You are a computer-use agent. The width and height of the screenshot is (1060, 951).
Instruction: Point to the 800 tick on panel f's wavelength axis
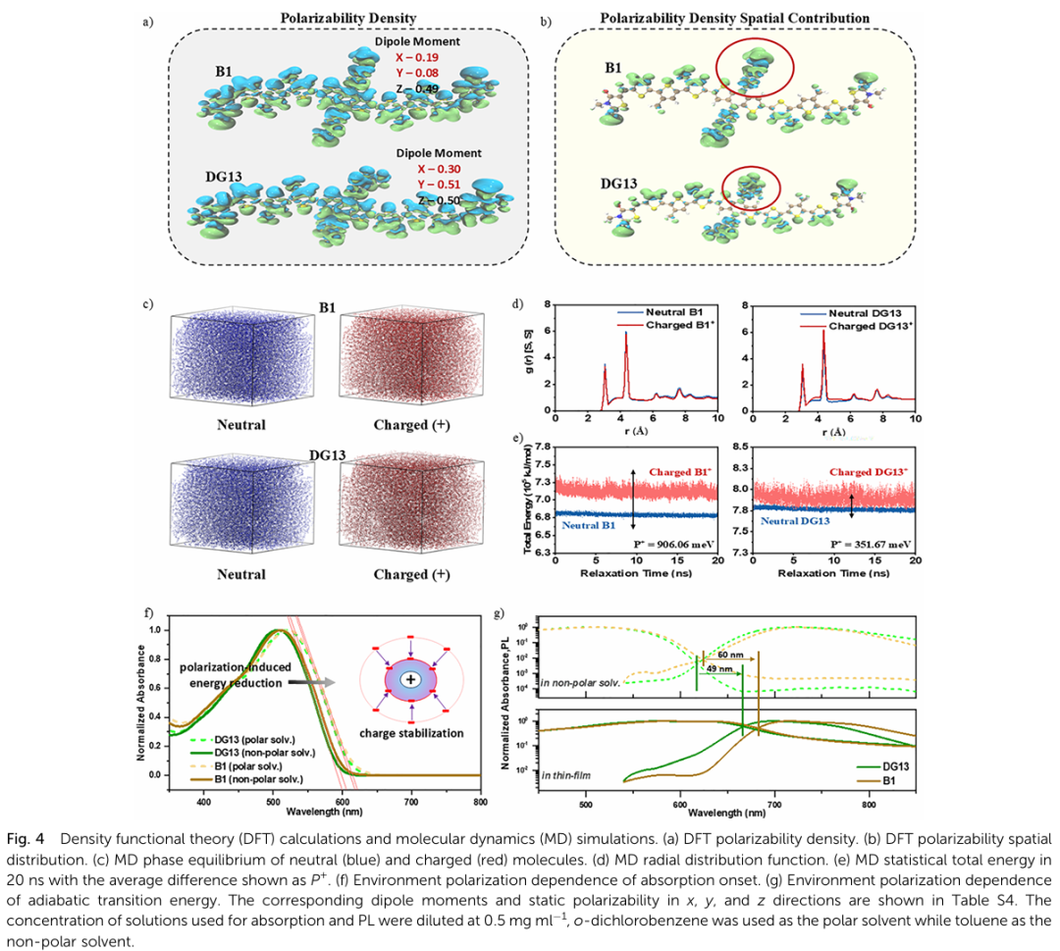click(x=480, y=802)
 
